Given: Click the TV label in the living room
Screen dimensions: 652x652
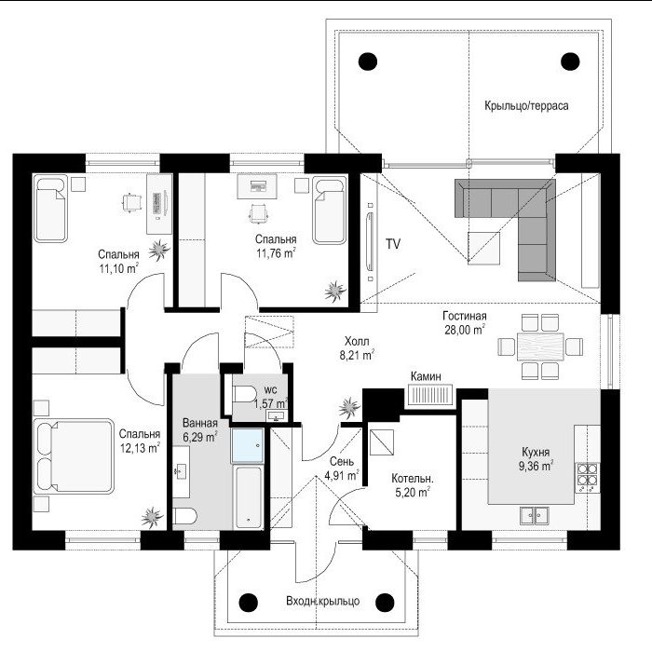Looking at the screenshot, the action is point(393,244).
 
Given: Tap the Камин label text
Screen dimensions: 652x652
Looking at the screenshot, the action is point(426,376).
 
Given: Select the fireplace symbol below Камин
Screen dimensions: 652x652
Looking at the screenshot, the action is point(430,395).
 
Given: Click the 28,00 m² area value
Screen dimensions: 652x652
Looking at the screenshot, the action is point(465,330).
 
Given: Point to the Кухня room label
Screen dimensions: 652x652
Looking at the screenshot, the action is point(536,452).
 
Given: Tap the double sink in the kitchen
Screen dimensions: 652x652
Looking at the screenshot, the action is point(535,516).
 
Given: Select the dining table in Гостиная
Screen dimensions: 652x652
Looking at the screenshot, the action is point(540,346).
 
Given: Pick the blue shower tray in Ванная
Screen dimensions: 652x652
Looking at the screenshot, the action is point(248,446).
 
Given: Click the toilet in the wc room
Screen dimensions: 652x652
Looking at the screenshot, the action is point(244,394).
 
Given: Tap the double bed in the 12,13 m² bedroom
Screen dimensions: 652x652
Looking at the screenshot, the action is point(74,456).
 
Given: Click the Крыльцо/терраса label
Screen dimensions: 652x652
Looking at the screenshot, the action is point(526,105).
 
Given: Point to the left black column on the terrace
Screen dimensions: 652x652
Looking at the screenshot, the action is point(368,61).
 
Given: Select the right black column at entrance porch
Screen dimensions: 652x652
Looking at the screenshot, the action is point(385,602).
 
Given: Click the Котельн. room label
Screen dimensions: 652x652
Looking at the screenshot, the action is point(412,479).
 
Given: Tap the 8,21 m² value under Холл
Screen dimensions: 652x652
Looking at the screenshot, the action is point(357,356).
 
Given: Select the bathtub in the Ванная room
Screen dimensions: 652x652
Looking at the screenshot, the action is point(249,497).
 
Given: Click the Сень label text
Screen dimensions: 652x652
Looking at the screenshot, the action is point(342,461).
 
